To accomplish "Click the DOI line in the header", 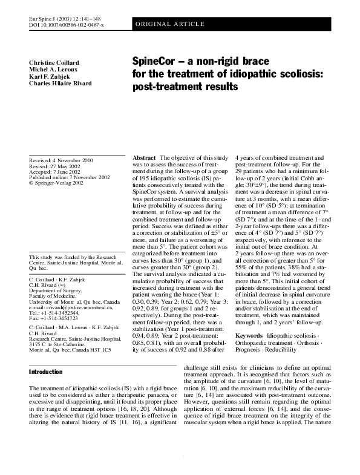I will pos(67,25).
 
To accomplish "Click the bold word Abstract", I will pos(145,157).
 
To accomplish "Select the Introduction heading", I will pos(46,371).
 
